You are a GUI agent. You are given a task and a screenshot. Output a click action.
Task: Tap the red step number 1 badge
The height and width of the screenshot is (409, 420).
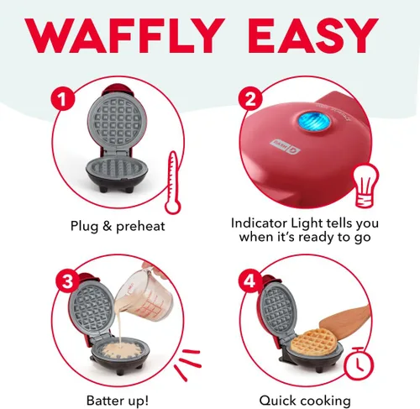pyautogui.click(x=63, y=98)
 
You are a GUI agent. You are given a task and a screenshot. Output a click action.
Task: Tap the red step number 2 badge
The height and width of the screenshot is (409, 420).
pyautogui.click(x=250, y=98)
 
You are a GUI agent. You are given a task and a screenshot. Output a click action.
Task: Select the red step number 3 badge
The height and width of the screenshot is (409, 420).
pyautogui.click(x=67, y=281)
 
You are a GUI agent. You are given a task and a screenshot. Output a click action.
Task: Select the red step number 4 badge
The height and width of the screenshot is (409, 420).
pyautogui.click(x=250, y=281)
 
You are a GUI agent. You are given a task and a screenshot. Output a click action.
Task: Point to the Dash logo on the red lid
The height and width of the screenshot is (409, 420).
pyautogui.click(x=285, y=146)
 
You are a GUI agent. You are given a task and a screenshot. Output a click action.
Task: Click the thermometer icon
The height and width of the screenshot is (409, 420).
pyautogui.click(x=173, y=183)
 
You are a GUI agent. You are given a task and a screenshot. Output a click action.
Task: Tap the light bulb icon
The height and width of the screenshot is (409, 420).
pyautogui.click(x=365, y=186)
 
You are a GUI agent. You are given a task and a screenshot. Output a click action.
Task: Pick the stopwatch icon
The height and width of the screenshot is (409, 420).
pyautogui.click(x=359, y=363)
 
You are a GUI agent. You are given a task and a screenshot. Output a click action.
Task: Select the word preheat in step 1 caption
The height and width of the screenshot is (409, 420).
pyautogui.click(x=140, y=226)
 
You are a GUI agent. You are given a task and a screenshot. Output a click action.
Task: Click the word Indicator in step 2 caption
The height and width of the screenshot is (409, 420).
pyautogui.click(x=260, y=223)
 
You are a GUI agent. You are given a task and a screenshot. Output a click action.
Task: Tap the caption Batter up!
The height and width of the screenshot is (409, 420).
pyautogui.click(x=118, y=401)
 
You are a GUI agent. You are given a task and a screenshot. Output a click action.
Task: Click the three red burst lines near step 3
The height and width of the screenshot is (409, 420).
pyautogui.click(x=187, y=364)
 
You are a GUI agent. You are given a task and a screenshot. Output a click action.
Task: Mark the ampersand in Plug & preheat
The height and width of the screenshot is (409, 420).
pyautogui.click(x=107, y=226)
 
